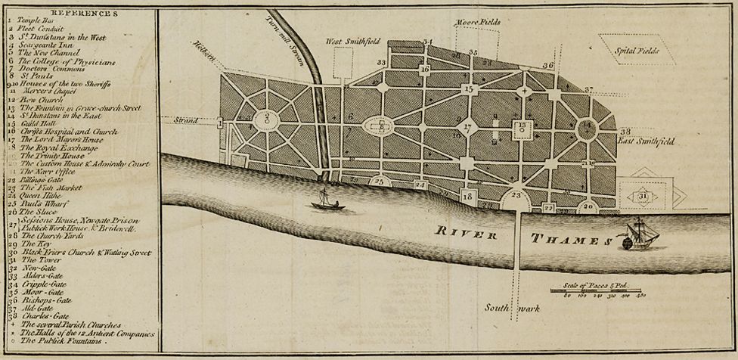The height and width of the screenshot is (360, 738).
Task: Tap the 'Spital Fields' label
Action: [637, 51]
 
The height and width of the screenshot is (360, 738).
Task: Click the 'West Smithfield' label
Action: [352, 41]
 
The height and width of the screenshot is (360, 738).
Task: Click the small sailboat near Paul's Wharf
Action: [328, 200]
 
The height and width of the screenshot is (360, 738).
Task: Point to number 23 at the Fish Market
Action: [517, 194]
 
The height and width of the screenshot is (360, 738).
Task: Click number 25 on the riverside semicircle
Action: [380, 182]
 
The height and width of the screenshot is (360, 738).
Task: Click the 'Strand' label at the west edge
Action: [185, 120]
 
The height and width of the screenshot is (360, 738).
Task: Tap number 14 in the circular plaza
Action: [588, 126]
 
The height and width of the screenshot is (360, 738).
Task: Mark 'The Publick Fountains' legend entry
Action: [64, 341]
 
